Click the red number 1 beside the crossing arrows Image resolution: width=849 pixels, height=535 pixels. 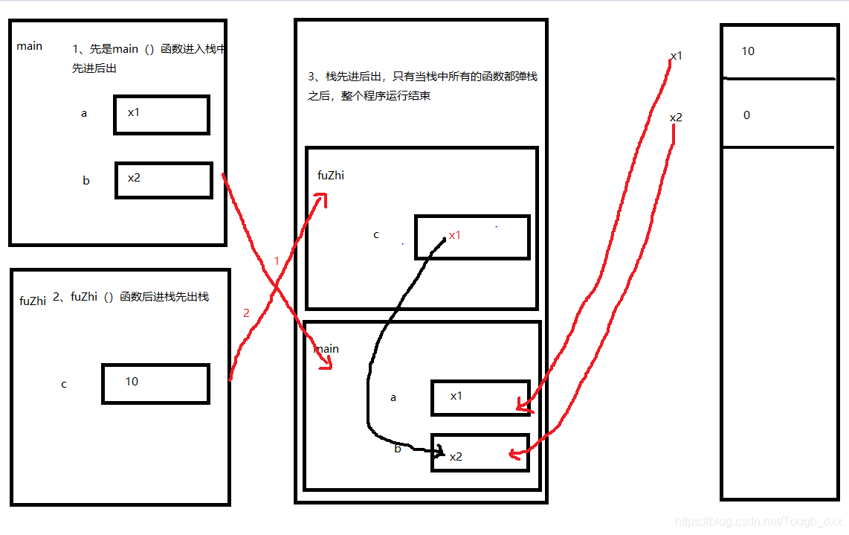pos(277,261)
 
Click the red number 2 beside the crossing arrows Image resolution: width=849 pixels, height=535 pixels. pos(246,313)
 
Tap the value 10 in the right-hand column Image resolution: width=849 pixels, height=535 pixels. pos(748,51)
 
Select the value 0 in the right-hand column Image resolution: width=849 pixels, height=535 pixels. pos(746,115)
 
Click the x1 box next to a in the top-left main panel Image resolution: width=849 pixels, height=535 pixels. pos(161,115)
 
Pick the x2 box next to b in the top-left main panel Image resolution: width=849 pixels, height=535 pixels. pos(164,180)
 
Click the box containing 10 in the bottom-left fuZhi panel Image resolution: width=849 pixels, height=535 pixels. pos(155,383)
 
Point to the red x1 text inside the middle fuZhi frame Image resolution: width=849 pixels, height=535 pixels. pos(455,235)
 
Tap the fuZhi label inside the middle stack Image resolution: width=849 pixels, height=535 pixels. pos(331,176)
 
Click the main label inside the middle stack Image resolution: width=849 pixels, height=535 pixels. pos(326,349)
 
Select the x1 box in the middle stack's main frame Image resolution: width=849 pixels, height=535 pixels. pos(480,397)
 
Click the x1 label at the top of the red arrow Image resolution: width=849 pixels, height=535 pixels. pos(677,56)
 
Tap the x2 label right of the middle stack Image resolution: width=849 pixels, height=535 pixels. pos(676,118)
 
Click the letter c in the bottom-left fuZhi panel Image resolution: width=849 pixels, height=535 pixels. pos(64,384)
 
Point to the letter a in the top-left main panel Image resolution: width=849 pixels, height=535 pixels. pos(84,114)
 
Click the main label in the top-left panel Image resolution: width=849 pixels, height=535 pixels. pos(30,46)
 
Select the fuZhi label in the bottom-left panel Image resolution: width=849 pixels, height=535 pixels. pos(33,301)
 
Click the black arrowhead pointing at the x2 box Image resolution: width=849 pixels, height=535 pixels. pos(440,451)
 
